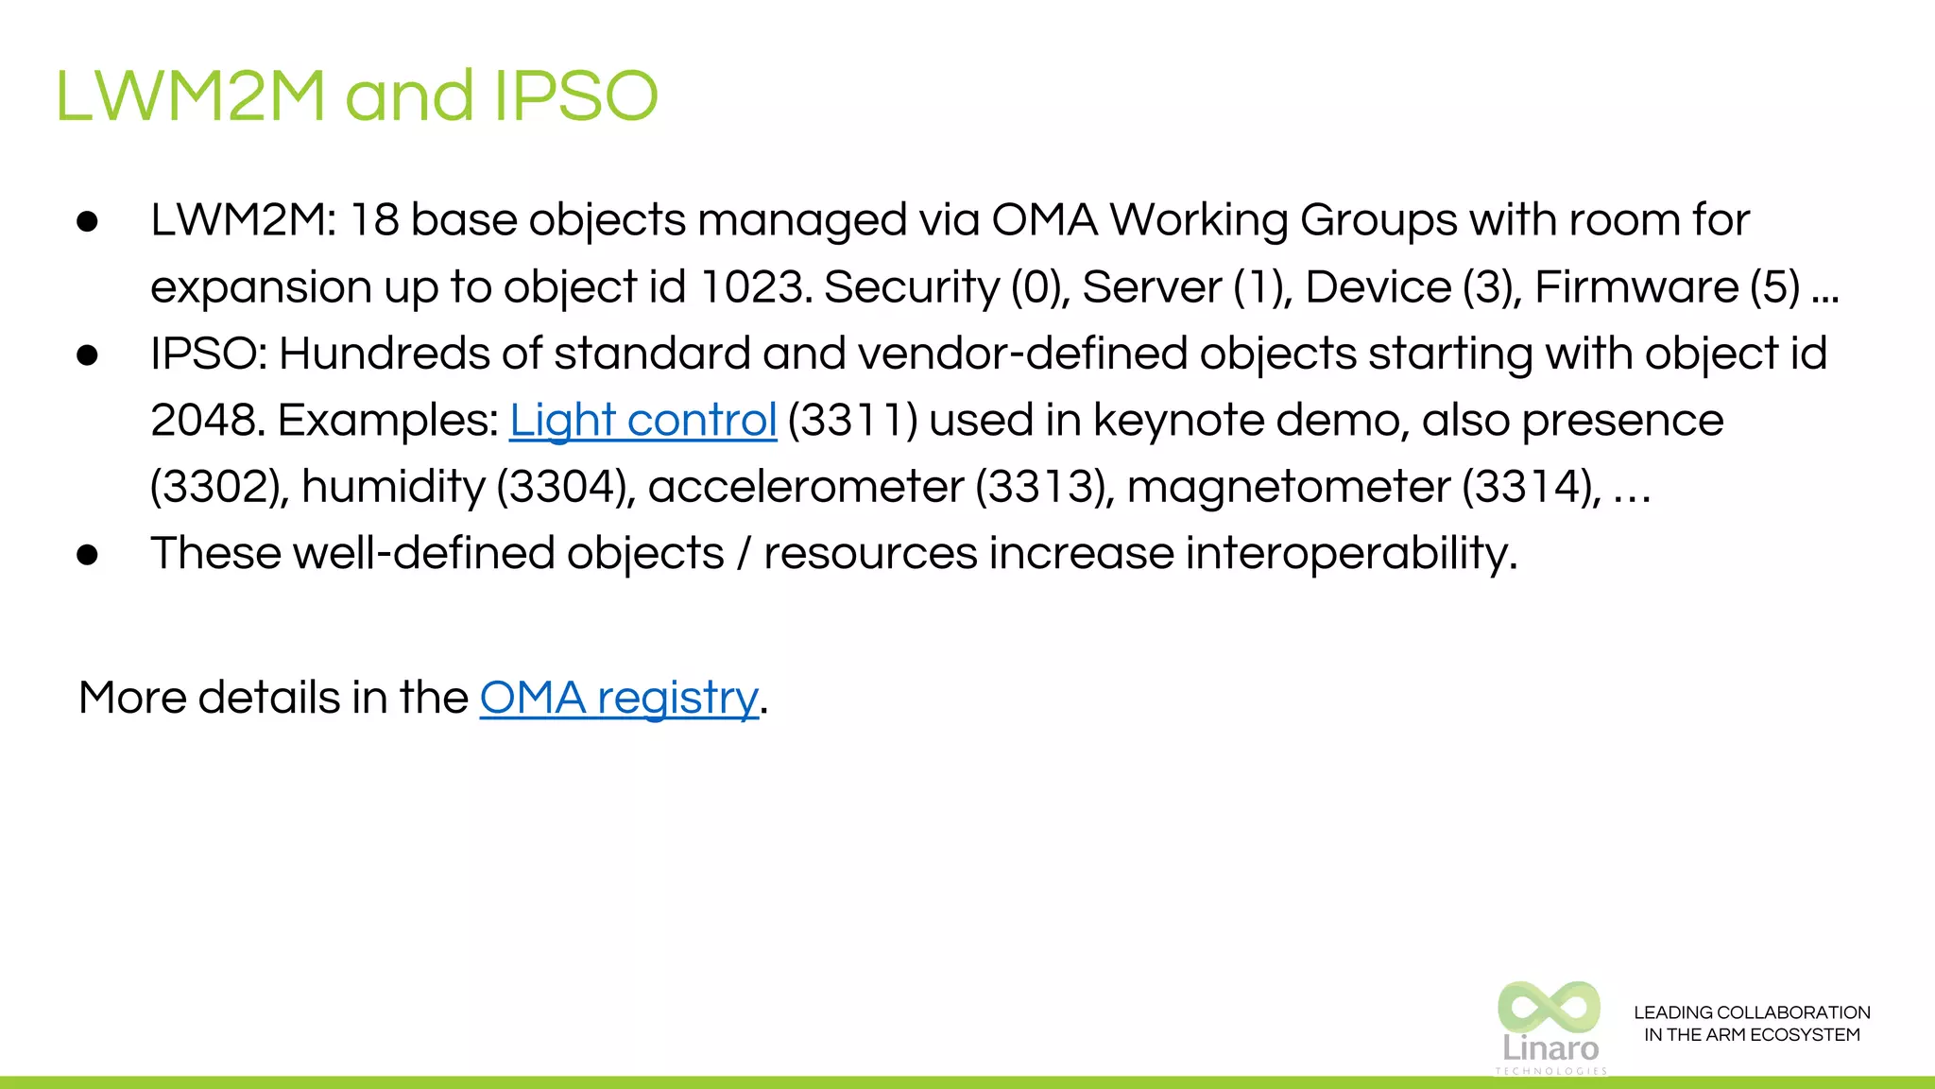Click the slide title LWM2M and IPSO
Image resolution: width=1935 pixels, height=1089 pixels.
(356, 96)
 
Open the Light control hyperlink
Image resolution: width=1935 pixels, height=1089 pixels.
(642, 420)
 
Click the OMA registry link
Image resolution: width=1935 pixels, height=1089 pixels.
(619, 698)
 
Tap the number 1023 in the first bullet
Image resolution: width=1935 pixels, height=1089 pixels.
(752, 286)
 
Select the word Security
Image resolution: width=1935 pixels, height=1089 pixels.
(911, 286)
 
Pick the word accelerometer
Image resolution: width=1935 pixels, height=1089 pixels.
(806, 487)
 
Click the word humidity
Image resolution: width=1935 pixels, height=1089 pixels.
(393, 487)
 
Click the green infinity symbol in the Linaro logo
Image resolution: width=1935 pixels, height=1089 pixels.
(1549, 1006)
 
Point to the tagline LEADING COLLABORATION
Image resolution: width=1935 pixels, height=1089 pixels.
(1752, 1012)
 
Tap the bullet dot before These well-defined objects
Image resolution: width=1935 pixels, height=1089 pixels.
(88, 555)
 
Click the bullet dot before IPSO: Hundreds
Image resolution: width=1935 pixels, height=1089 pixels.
(88, 354)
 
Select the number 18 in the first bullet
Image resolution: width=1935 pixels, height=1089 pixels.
(374, 220)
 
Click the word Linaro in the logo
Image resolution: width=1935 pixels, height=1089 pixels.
(1550, 1048)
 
